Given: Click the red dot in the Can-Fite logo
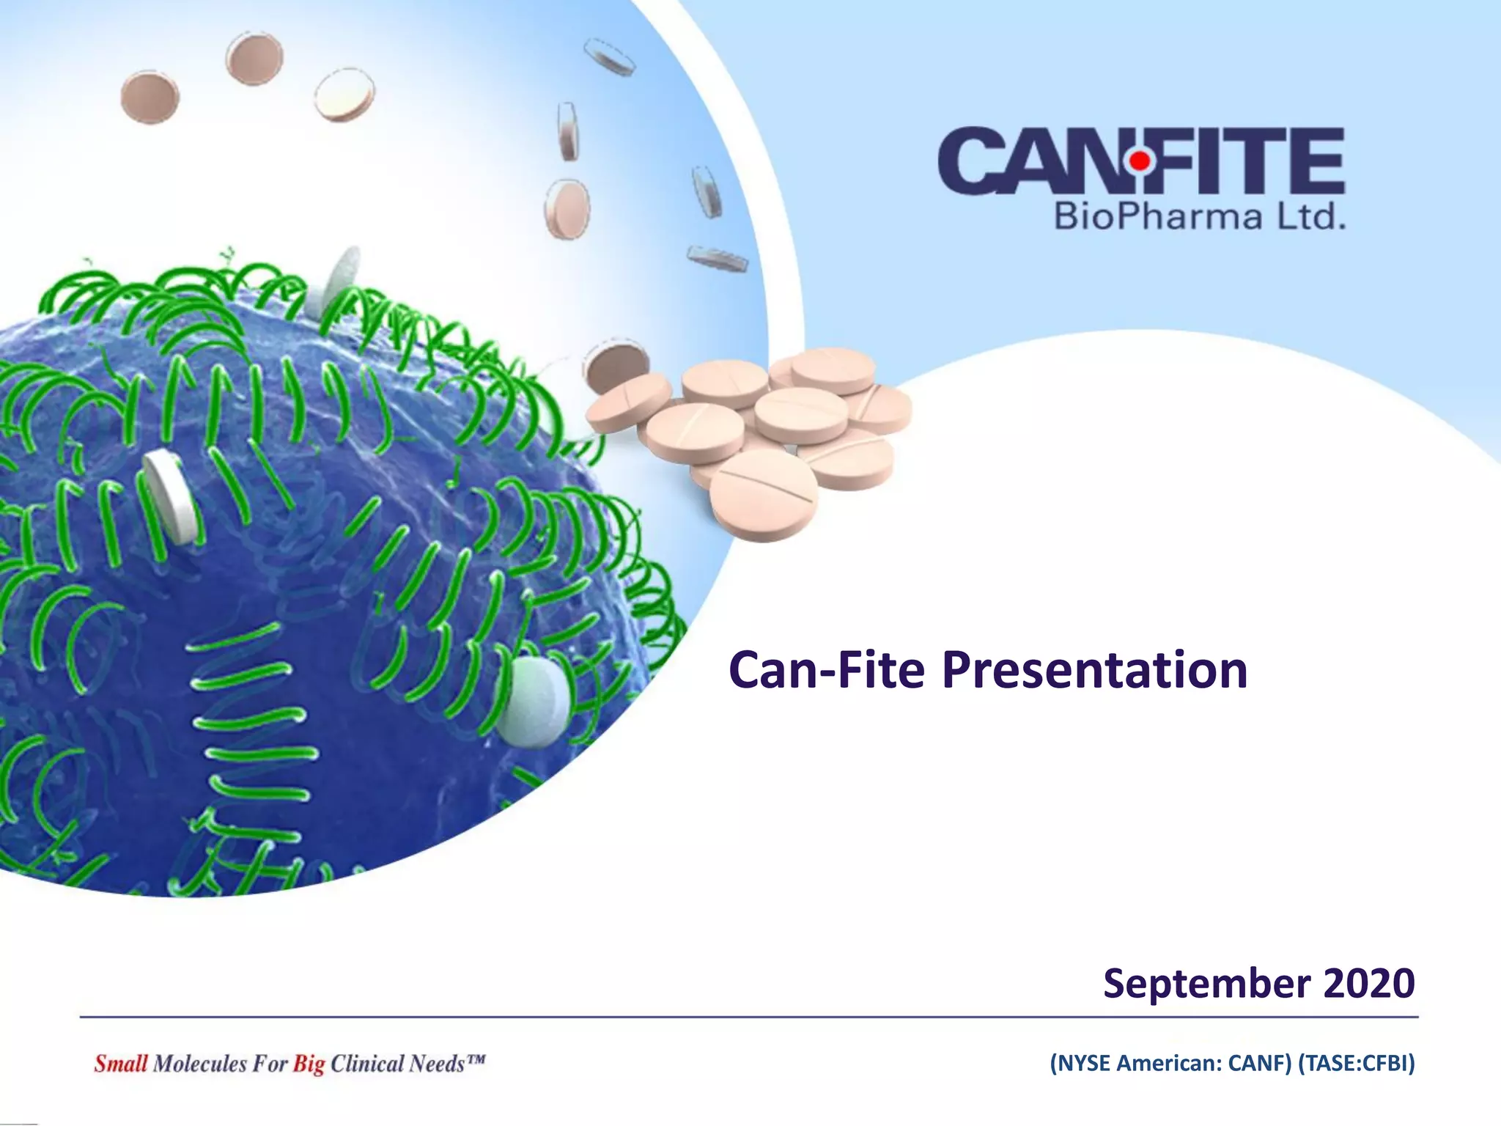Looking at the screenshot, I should click(1140, 159).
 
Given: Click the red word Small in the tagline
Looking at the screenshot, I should click(120, 1064).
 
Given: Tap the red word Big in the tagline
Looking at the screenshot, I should click(309, 1064).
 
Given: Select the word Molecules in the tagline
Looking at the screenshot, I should click(199, 1064).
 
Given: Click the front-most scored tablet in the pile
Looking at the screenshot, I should click(764, 494).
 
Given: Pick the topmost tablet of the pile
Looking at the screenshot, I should click(833, 369).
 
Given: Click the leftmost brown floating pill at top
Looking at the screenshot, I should click(150, 97).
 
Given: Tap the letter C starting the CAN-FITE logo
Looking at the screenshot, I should click(970, 161).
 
